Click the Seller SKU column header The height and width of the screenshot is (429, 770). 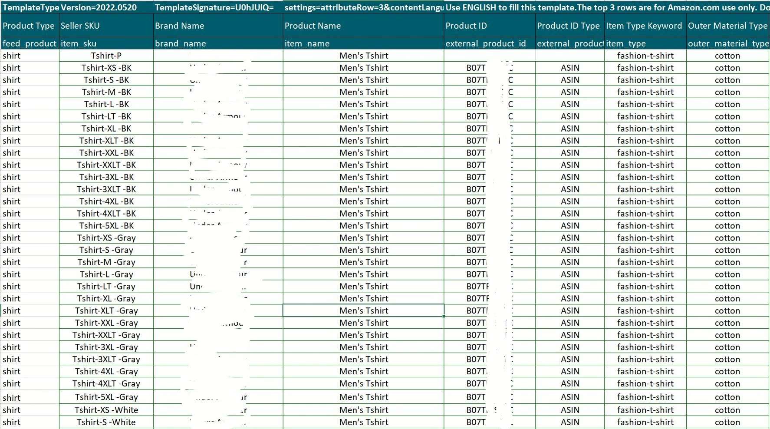80,26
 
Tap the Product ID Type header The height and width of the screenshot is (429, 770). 568,26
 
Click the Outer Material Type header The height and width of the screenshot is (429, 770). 727,26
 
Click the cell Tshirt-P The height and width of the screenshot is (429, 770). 106,56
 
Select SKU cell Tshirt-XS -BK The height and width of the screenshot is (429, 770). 106,68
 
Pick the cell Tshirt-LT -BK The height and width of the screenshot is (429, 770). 106,116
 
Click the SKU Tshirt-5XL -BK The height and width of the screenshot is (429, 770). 106,226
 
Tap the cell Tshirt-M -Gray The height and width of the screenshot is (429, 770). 106,262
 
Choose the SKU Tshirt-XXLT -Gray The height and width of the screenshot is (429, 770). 106,335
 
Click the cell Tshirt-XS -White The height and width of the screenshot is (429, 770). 106,410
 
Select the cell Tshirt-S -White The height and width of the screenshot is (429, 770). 106,422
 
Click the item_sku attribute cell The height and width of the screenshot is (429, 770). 79,43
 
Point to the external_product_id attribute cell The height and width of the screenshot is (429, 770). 486,43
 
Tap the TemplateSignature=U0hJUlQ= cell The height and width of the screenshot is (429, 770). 214,7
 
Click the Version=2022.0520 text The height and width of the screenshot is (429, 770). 99,7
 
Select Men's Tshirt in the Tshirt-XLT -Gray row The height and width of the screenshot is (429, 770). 364,311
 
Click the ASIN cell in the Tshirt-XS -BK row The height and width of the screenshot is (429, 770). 570,68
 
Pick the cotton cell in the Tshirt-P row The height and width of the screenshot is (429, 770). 727,56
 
